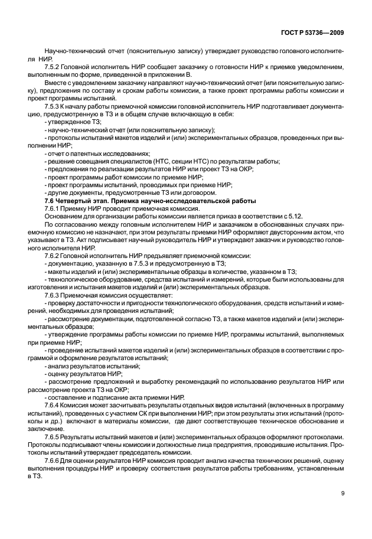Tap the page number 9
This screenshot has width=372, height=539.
342,494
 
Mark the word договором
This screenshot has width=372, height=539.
200,192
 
